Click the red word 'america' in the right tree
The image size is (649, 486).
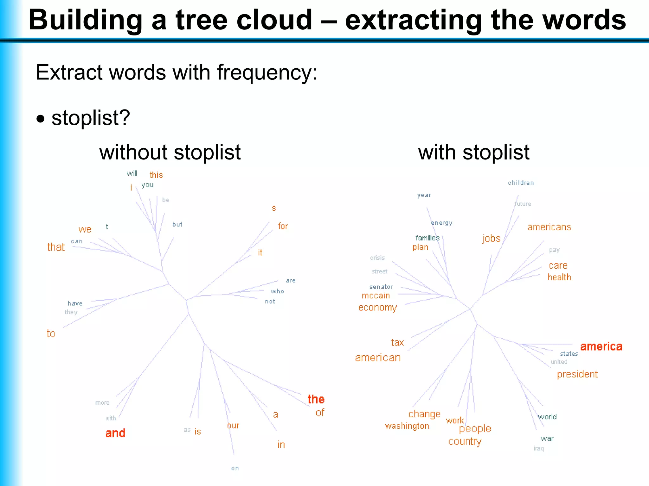(x=601, y=346)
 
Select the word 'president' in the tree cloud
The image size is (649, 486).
(x=577, y=374)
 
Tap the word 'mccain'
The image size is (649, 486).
(x=376, y=296)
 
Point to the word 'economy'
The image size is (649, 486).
(x=377, y=308)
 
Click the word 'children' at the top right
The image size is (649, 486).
(x=521, y=183)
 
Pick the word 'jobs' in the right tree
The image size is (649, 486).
(x=491, y=238)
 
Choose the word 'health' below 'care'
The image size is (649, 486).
(x=559, y=277)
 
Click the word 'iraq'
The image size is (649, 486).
(x=538, y=448)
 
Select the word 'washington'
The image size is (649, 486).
(x=407, y=426)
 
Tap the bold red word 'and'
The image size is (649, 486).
(x=115, y=433)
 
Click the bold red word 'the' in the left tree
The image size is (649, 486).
(x=316, y=399)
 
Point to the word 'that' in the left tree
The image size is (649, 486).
(x=56, y=247)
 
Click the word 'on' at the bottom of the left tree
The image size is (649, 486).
(x=235, y=468)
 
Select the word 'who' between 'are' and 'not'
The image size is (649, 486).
(x=277, y=291)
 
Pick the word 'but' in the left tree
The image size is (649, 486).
(x=177, y=224)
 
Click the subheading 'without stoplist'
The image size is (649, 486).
(x=170, y=152)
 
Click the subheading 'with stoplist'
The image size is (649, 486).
(x=473, y=152)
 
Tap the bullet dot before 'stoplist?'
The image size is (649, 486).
(x=41, y=119)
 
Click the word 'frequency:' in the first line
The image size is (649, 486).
(x=267, y=72)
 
